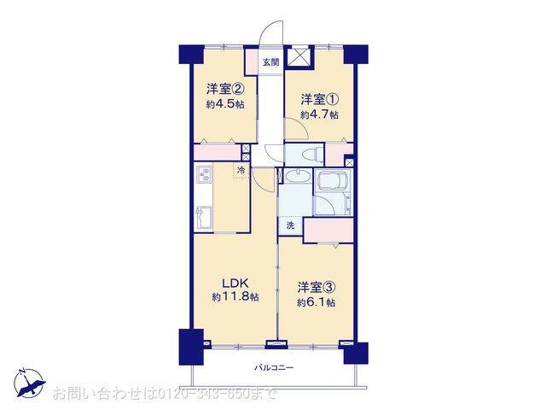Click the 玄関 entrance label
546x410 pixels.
tap(270, 61)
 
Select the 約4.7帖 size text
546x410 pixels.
tap(320, 114)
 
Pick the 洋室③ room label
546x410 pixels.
tap(316, 287)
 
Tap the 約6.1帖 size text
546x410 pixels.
tap(317, 302)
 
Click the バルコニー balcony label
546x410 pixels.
tap(274, 368)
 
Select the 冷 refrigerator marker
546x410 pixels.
tap(241, 171)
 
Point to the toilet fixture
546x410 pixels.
tap(308, 155)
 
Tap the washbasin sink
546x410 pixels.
tap(296, 177)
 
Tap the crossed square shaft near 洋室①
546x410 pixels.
tap(300, 56)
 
